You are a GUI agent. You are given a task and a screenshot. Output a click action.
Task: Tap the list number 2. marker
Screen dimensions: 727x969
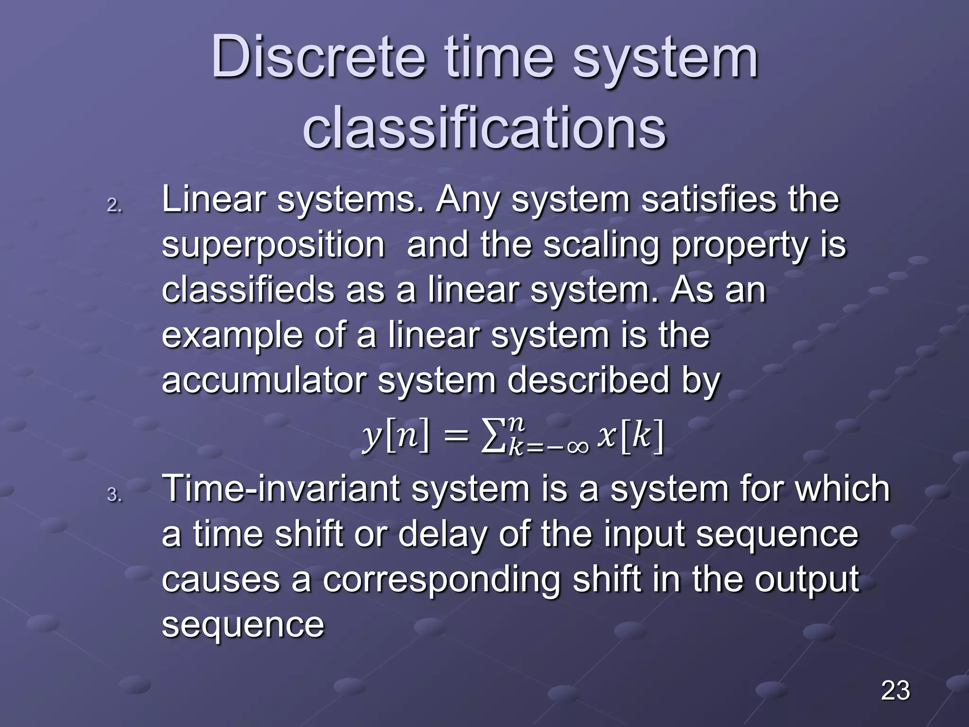(115, 206)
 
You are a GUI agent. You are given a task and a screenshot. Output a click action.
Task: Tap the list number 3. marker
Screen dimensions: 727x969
(115, 495)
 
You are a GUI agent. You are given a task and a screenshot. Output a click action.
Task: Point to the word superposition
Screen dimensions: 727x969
(273, 246)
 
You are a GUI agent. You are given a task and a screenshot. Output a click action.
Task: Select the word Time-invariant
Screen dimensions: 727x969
(281, 489)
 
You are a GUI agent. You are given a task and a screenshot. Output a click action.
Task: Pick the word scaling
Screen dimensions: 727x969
(601, 246)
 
